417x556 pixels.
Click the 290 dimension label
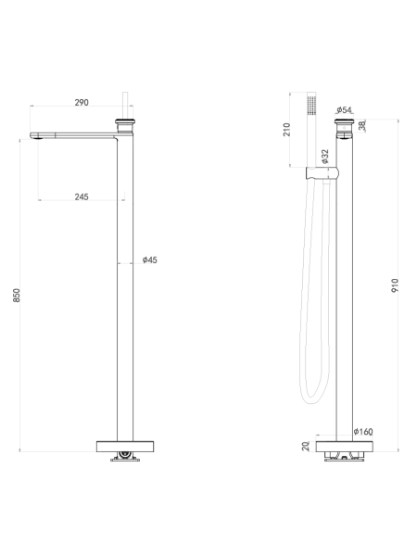tap(82, 103)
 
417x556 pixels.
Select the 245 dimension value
tap(82, 196)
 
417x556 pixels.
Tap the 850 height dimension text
tap(17, 296)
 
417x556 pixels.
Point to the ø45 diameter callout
tap(149, 259)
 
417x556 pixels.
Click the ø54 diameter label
tap(344, 109)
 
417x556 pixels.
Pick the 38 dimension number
tap(362, 126)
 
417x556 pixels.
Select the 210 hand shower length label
tap(287, 130)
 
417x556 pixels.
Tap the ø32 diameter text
tap(325, 157)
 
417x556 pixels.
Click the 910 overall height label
tap(395, 285)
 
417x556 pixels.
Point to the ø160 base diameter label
tap(363, 432)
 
